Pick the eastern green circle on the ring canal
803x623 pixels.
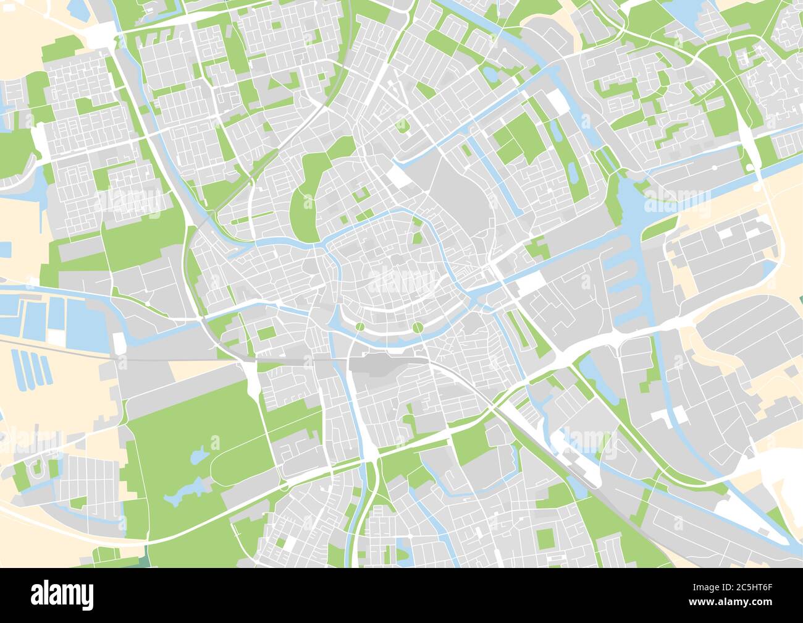coord(418,327)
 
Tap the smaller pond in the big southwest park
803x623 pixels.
coord(198,457)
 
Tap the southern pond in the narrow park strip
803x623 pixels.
coord(573,172)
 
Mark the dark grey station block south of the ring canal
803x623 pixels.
coord(377,363)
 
